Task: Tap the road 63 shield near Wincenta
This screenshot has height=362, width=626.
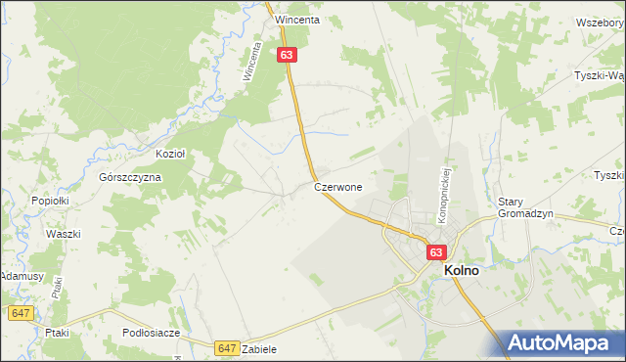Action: point(286,56)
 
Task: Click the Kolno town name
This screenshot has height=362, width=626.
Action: point(462,271)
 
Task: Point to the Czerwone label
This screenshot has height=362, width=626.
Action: point(338,186)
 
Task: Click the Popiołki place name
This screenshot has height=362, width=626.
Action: point(49,200)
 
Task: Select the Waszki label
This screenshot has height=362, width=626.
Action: point(63,235)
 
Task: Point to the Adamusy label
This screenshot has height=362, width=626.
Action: point(22,277)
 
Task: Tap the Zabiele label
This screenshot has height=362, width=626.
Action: point(259,349)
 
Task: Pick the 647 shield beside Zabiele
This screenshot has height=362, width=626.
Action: point(227,347)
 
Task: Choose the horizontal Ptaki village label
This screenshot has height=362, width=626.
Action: point(58,333)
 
